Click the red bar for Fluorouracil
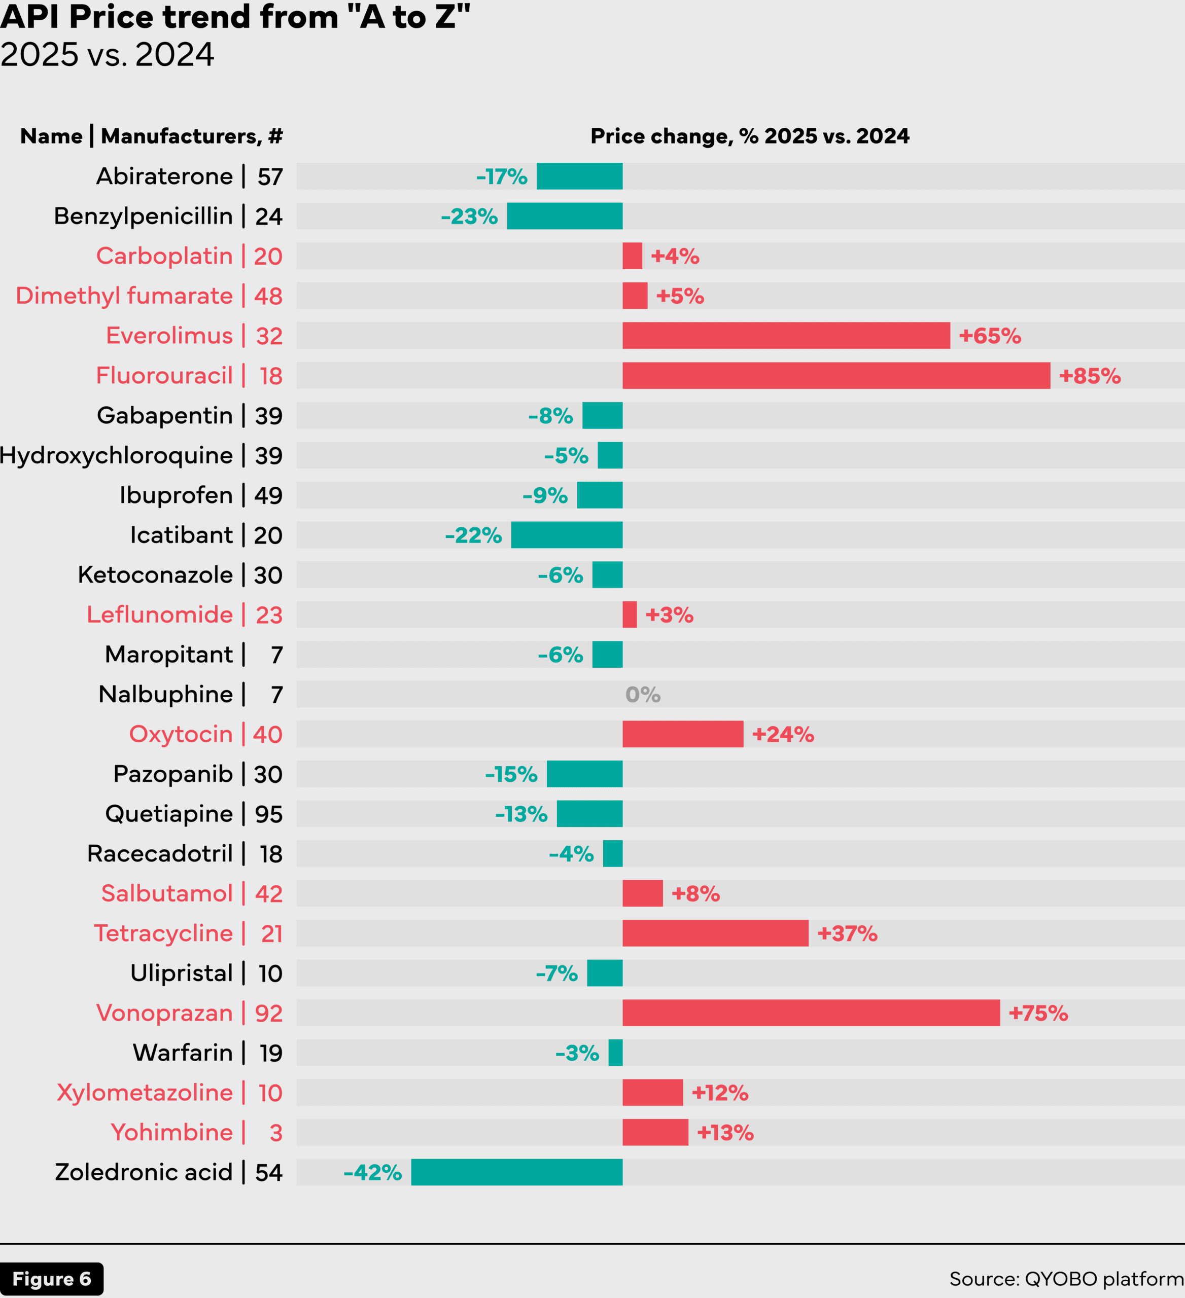click(x=836, y=375)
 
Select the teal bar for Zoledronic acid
click(x=516, y=1172)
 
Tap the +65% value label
click(x=990, y=336)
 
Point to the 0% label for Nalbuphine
click(x=643, y=695)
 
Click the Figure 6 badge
click(x=52, y=1279)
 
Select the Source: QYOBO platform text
click(x=1066, y=1279)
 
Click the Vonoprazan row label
click(x=164, y=1014)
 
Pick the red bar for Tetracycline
click(x=715, y=933)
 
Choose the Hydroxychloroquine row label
click(x=116, y=456)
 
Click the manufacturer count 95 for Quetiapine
click(x=268, y=814)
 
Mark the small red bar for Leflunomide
click(x=629, y=615)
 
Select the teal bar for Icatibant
click(x=567, y=535)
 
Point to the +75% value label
click(x=1038, y=1014)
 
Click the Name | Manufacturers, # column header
click(x=151, y=136)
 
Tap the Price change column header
click(x=750, y=136)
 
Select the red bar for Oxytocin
click(x=683, y=735)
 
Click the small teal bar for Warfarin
click(x=616, y=1053)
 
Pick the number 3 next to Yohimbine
click(x=275, y=1133)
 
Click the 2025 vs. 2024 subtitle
click(x=107, y=55)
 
